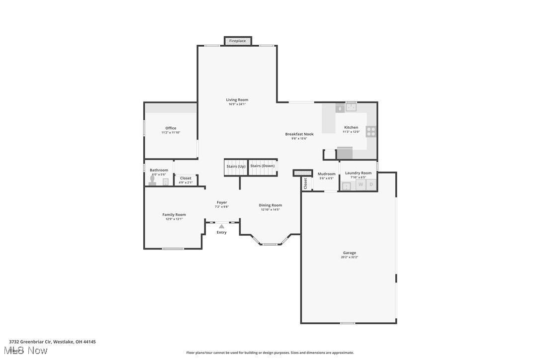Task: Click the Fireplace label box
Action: pos(238,41)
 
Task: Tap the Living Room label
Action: pos(237,100)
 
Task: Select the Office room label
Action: pos(171,128)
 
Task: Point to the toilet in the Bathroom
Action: pos(152,181)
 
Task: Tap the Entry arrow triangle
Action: pos(222,226)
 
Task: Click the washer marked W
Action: pos(360,185)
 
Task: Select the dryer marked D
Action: pos(371,185)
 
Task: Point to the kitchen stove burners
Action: pos(371,131)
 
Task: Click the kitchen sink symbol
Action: pos(352,106)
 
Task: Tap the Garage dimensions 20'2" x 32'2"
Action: pos(349,257)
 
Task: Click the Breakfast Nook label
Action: pos(299,134)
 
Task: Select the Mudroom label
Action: pos(326,174)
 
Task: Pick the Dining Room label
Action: pos(270,205)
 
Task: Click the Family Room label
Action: pos(174,215)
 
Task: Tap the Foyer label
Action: pos(222,202)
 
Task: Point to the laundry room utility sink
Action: pos(347,186)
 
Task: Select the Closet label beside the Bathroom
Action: pos(185,178)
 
